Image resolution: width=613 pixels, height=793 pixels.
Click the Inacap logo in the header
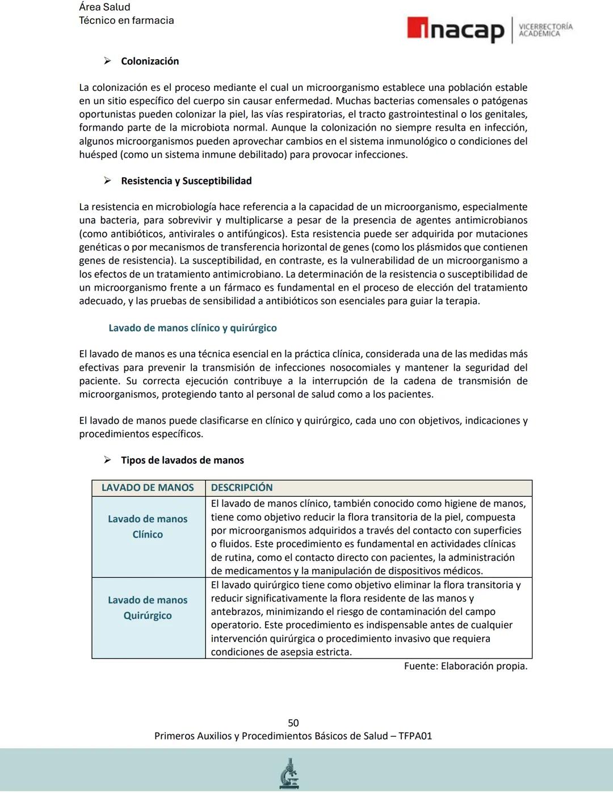tap(455, 30)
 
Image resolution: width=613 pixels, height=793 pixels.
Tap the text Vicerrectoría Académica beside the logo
tap(545, 30)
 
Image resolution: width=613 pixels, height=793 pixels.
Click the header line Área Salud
tap(104, 7)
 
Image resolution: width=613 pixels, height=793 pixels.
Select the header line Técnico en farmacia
tap(126, 20)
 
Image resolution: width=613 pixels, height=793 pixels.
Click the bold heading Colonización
tap(150, 61)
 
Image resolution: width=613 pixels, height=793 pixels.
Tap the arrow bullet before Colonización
tap(107, 61)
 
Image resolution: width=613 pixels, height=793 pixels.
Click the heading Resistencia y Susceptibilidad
tap(186, 181)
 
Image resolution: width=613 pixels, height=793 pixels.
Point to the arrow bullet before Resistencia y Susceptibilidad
tap(107, 181)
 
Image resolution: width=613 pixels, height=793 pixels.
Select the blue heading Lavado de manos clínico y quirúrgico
tap(192, 328)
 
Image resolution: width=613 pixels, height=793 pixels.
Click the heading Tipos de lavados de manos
tap(182, 460)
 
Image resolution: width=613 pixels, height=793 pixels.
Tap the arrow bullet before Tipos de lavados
tap(107, 460)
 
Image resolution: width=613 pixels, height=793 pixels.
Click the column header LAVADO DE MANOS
tap(148, 488)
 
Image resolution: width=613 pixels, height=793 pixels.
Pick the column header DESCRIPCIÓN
tap(242, 488)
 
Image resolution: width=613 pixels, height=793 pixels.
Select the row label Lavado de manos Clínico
tap(148, 526)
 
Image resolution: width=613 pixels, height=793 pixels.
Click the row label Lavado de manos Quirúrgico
tap(148, 607)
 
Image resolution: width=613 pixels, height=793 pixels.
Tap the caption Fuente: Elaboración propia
tap(465, 666)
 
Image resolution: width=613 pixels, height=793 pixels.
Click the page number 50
tap(293, 723)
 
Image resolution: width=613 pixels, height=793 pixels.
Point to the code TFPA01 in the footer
tap(415, 736)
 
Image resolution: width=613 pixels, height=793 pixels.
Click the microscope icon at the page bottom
tap(289, 774)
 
